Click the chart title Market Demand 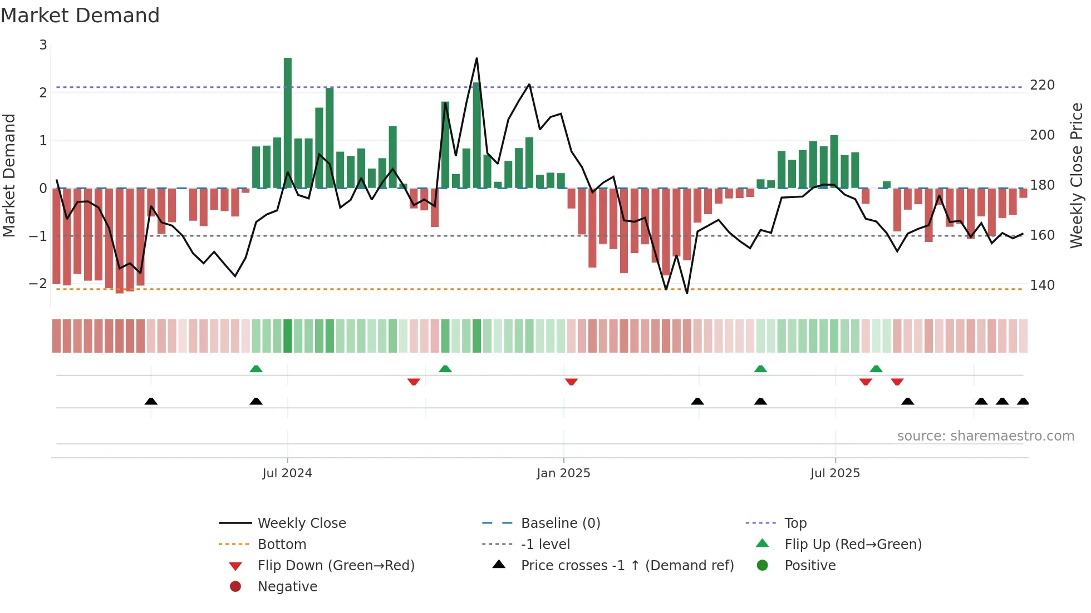80,16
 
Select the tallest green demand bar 287,122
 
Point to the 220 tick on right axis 1041,85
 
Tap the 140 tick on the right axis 1041,285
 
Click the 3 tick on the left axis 43,45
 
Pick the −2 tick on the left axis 38,284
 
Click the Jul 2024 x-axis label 287,473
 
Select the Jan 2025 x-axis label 563,473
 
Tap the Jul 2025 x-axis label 835,473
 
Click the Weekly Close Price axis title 1077,175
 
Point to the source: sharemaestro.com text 985,436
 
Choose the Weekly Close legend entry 301,523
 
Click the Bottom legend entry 282,545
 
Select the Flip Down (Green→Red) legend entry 336,566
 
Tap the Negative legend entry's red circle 235,587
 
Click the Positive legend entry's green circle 763,566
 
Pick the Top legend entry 795,523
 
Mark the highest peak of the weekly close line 476,58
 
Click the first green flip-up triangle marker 256,369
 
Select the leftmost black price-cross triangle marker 151,401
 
